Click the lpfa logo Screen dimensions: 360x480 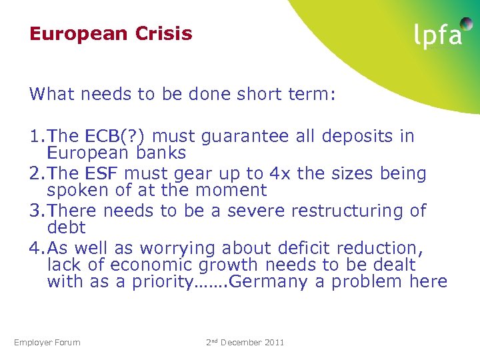[x=438, y=35]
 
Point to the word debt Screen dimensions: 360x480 [x=67, y=227]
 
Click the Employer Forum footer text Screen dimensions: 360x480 [x=47, y=343]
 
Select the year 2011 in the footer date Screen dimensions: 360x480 [x=273, y=343]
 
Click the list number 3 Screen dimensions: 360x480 [x=35, y=211]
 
